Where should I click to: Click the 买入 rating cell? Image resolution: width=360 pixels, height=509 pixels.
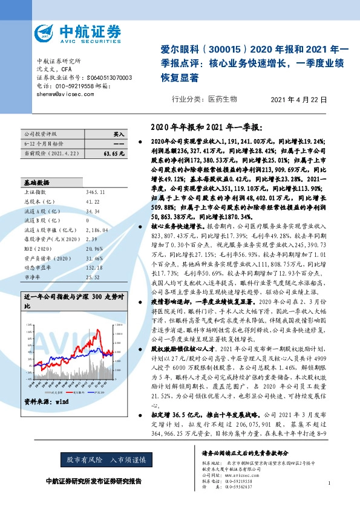[118, 134]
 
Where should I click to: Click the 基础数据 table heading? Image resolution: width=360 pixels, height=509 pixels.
[36, 182]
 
